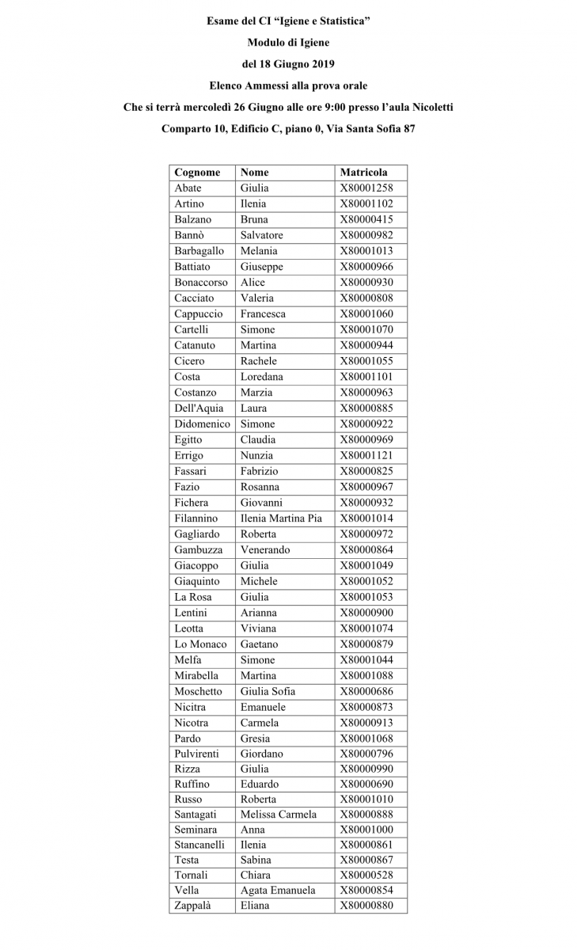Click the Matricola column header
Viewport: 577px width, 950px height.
point(363,172)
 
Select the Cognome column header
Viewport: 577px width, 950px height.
point(197,172)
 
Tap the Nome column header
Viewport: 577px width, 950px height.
point(255,172)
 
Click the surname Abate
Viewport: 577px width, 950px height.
point(188,188)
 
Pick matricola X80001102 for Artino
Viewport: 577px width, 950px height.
point(366,203)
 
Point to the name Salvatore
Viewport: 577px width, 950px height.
point(261,235)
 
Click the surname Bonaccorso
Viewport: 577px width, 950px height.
point(201,282)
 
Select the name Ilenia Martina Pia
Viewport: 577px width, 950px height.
point(281,518)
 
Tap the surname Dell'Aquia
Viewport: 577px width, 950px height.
point(199,408)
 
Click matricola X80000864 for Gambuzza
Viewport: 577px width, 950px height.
point(366,549)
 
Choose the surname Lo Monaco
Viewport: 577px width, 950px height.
point(200,644)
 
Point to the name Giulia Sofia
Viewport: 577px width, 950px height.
point(268,691)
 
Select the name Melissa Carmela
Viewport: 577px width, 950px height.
point(278,814)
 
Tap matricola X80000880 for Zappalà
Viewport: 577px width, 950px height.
point(366,905)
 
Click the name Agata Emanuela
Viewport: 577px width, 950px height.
point(278,890)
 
